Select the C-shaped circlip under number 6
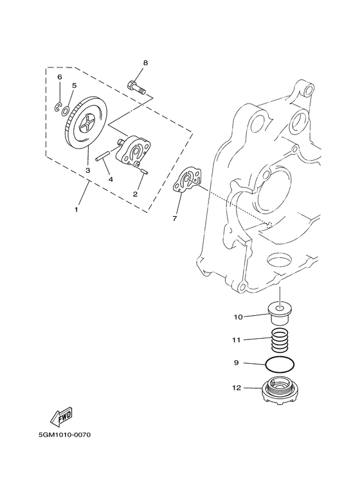pyautogui.click(x=57, y=107)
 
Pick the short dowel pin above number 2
pyautogui.click(x=143, y=171)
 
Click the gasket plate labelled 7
pyautogui.click(x=188, y=181)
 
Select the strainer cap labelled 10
pyautogui.click(x=280, y=314)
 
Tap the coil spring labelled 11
pyautogui.click(x=280, y=339)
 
